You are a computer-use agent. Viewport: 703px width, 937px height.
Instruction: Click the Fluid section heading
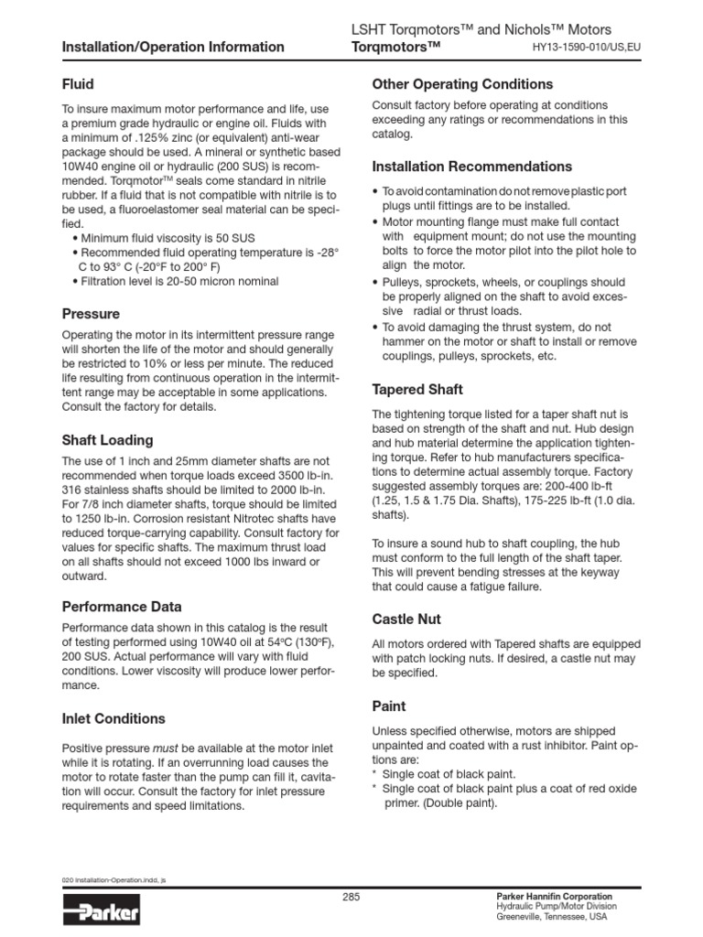(x=78, y=84)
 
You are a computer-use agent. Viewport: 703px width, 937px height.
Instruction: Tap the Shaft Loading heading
(x=107, y=440)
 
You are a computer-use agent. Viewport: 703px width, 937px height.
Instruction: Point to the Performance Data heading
(x=122, y=607)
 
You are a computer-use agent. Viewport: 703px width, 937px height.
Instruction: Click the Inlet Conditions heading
(x=114, y=718)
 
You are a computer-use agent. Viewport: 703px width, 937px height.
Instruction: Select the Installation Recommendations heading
(x=472, y=167)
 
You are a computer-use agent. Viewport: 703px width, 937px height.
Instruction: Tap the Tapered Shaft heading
(x=417, y=388)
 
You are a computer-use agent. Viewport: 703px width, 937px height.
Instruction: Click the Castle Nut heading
(x=406, y=619)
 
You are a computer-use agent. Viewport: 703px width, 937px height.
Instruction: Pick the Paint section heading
(x=389, y=706)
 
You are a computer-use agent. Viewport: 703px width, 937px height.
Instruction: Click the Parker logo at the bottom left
(x=101, y=911)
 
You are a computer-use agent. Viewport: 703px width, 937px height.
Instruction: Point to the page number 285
(x=351, y=898)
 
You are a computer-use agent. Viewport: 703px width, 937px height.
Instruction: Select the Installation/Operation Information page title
(x=173, y=47)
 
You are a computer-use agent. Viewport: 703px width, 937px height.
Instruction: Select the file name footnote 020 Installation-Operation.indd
(x=114, y=879)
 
